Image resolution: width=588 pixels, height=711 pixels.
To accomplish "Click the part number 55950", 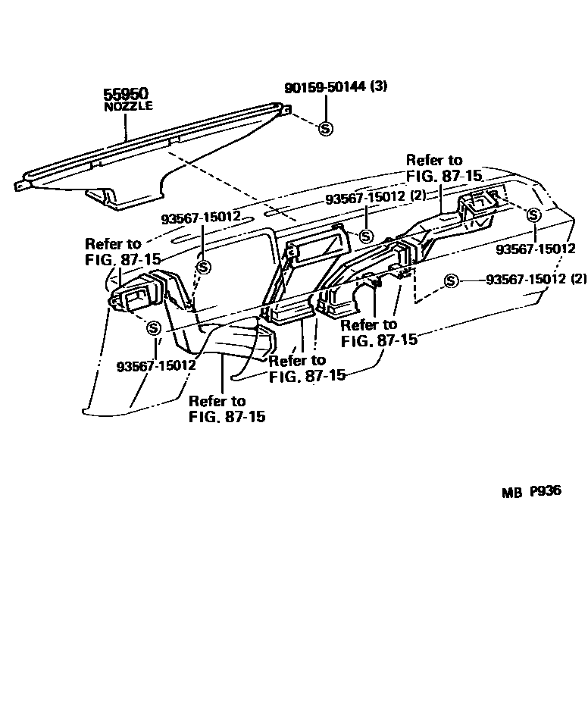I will click(126, 95).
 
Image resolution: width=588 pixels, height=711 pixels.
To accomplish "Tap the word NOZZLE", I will click(128, 107).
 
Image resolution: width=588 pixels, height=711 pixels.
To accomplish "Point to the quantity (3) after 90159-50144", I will click(380, 86).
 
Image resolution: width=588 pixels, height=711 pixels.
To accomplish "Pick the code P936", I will click(546, 490).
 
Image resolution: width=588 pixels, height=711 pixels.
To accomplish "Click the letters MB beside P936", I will click(511, 492).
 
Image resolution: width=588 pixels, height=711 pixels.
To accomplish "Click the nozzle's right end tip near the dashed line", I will click(285, 110).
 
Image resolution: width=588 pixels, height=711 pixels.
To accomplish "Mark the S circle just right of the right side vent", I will click(533, 215).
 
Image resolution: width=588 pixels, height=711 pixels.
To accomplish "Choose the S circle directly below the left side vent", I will click(154, 328).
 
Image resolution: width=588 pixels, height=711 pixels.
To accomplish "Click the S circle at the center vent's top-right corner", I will click(365, 236).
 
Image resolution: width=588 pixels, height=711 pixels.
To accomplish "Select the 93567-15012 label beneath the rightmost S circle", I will click(536, 249).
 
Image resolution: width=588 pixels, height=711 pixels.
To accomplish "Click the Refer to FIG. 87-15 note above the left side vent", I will click(122, 251).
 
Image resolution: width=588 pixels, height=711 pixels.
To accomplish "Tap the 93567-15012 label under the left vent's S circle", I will click(156, 365).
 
